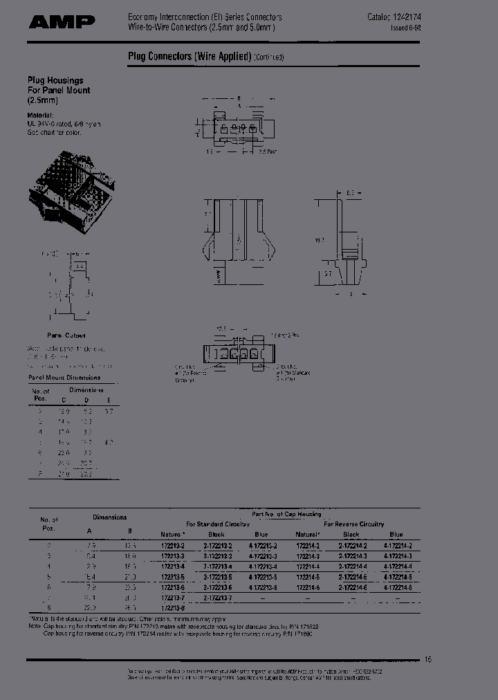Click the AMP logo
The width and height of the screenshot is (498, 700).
[62, 22]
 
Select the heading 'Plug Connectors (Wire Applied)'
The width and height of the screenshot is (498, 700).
[189, 57]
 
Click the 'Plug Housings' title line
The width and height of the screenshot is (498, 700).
[55, 80]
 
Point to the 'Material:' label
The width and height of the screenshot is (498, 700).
[40, 114]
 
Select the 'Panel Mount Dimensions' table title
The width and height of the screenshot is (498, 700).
[64, 378]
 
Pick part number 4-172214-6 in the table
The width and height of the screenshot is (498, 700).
[396, 586]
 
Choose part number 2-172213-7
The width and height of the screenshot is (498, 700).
[216, 596]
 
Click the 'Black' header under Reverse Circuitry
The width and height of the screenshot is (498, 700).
[351, 535]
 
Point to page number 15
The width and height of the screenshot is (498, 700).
[427, 660]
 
